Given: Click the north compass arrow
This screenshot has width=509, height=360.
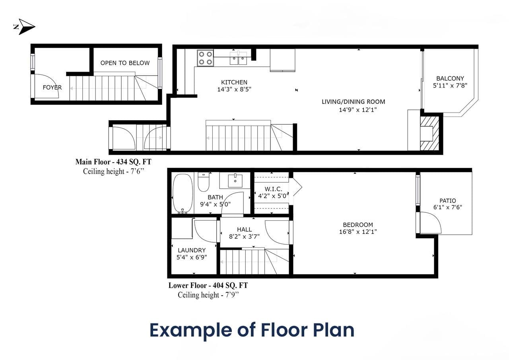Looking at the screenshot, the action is coord(25,27).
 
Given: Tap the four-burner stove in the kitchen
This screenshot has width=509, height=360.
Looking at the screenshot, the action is coord(205,58).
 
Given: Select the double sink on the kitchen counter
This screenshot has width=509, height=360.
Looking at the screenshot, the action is coord(238,58).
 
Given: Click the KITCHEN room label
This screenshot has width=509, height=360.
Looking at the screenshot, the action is coord(234,82).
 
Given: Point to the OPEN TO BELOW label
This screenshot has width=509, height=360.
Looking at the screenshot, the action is coord(125,63).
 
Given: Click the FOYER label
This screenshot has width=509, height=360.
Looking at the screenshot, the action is coord(52,87).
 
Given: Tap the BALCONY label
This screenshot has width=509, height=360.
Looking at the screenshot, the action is coord(450,78).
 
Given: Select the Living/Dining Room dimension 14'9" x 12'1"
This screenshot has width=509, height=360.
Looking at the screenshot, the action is coord(358,110).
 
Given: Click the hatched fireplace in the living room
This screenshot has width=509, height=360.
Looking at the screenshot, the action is coord(429,133).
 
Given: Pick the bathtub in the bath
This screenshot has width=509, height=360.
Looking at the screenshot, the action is coord(183,194).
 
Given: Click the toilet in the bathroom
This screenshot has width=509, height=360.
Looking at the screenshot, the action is coord(204,182).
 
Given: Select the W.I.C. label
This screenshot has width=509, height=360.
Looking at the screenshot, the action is coord(273,189).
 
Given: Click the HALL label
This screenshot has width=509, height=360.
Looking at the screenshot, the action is coord(244,230).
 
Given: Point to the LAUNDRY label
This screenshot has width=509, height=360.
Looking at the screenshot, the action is coord(192,250).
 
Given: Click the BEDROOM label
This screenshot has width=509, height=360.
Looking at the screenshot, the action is coord(358,225).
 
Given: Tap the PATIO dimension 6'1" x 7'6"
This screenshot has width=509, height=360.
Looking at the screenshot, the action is coord(448,207).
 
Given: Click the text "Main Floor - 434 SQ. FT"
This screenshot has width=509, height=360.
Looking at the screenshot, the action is coord(113,162).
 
